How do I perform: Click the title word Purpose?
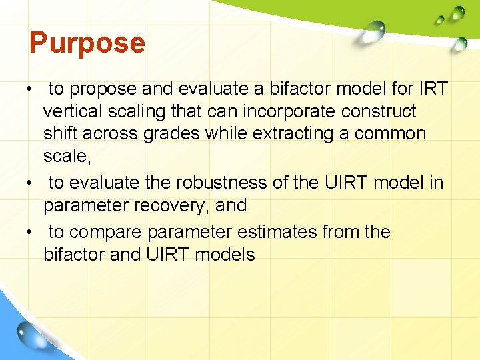point(87,43)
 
